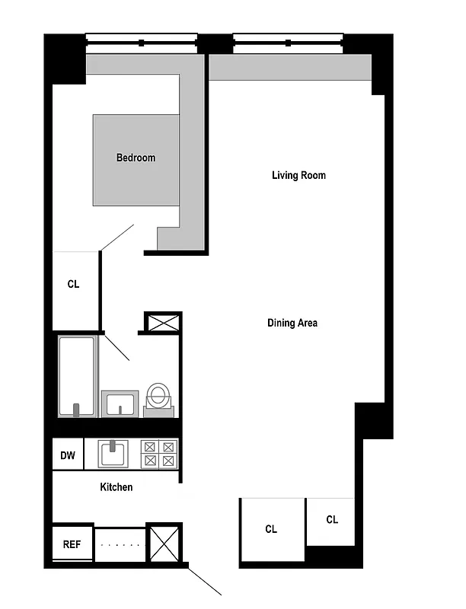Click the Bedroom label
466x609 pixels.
coord(136,158)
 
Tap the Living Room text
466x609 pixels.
coord(298,175)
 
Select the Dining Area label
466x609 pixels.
coord(292,323)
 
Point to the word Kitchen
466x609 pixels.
coord(116,486)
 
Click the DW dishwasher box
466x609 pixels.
coord(68,456)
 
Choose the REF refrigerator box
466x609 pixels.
coord(72,544)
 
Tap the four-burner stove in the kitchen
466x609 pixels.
coord(160,454)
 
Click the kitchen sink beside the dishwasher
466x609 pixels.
coord(113,454)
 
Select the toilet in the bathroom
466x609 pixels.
coord(158,398)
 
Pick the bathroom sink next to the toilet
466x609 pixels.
coord(120,403)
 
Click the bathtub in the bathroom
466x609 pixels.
coord(77,376)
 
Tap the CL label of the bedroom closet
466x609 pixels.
coord(73,284)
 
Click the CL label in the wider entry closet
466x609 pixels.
coord(271,529)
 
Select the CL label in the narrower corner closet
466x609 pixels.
coord(332,520)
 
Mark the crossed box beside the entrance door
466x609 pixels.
coord(164,544)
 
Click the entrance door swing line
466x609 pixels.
coord(205,580)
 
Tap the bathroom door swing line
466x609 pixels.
coord(116,347)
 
